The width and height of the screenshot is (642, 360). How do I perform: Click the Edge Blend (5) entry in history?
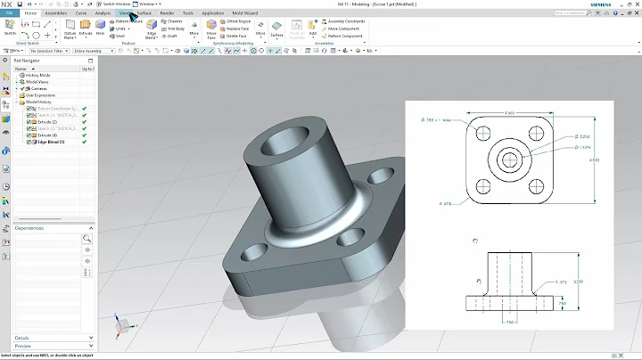point(53,143)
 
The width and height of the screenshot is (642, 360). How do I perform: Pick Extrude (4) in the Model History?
point(48,135)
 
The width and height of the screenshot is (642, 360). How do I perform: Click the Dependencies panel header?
point(34,228)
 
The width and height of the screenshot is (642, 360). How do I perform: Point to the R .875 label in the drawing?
point(447,203)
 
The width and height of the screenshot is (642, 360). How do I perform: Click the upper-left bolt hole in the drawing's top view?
point(483,133)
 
